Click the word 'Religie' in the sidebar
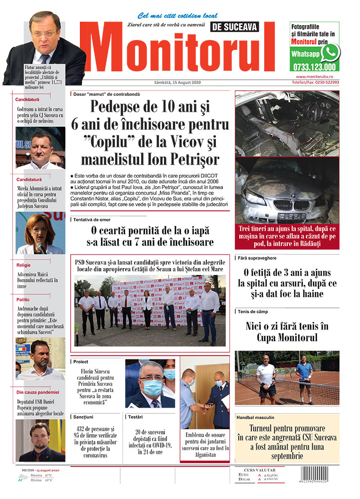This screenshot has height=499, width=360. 23,266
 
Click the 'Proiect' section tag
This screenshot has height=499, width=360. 80,361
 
